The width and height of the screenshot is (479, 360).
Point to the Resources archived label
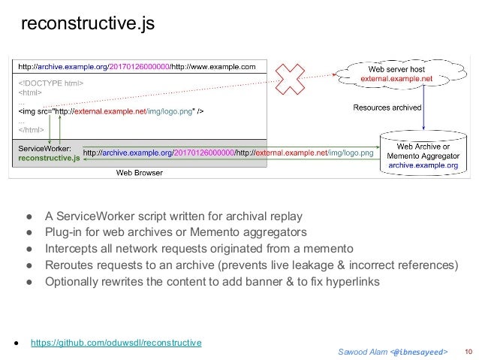click(387, 107)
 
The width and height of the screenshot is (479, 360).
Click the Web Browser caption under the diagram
click(139, 172)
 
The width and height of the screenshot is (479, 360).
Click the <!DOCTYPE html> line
click(50, 83)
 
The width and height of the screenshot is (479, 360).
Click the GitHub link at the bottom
click(116, 343)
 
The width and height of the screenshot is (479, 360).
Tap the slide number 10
click(468, 351)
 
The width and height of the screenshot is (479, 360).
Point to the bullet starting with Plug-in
click(176, 231)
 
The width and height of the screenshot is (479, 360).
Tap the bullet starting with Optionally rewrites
click(212, 282)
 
